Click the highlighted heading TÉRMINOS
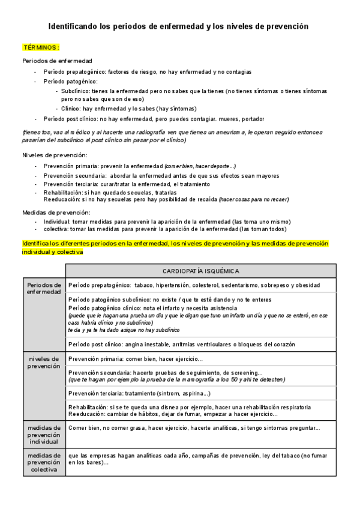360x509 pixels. coord(41,47)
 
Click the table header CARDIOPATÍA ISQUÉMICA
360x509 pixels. coord(200,271)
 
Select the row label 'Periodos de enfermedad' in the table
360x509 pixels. coord(44,288)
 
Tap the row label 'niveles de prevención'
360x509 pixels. coord(44,362)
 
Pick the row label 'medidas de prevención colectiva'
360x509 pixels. coord(44,462)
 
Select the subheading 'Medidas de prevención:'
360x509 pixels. coord(56,212)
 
